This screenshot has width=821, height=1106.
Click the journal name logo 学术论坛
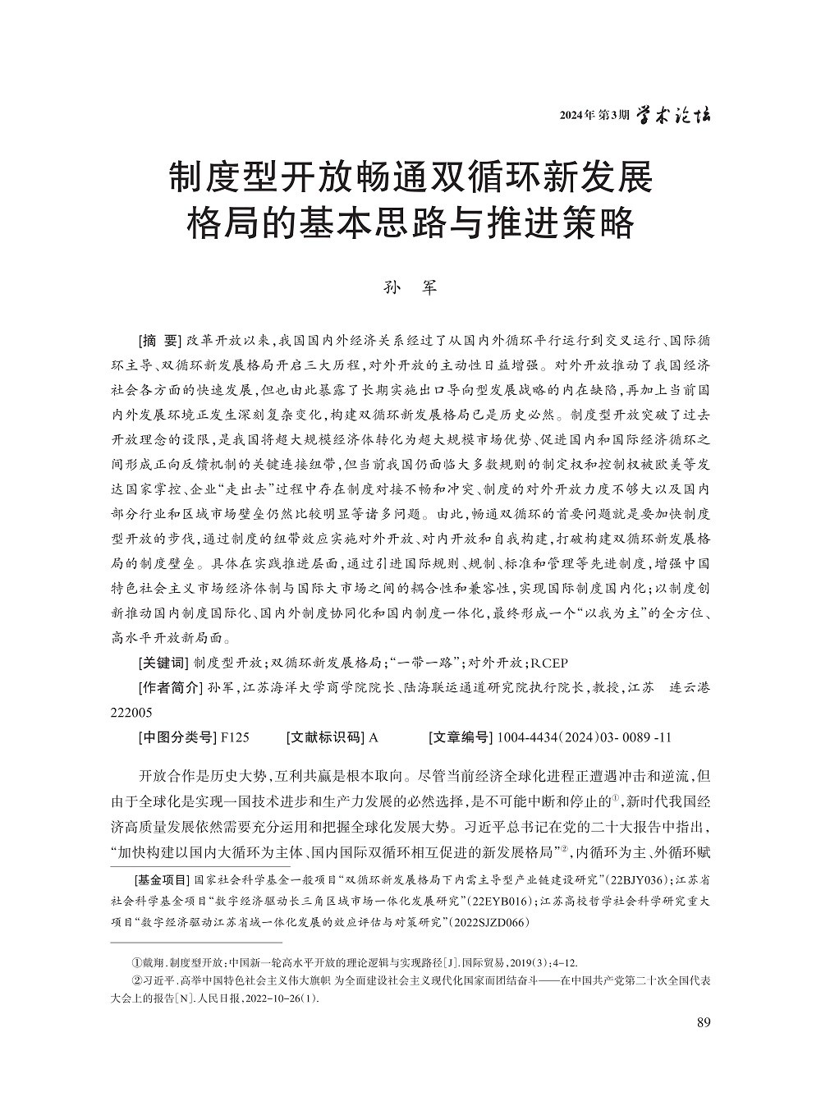point(674,115)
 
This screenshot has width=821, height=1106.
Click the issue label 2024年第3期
point(594,116)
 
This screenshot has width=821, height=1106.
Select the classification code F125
point(235,737)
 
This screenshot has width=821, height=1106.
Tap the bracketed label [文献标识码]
point(325,737)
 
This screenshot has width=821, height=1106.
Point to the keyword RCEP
point(549,663)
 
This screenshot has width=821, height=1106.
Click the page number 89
point(702,1022)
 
